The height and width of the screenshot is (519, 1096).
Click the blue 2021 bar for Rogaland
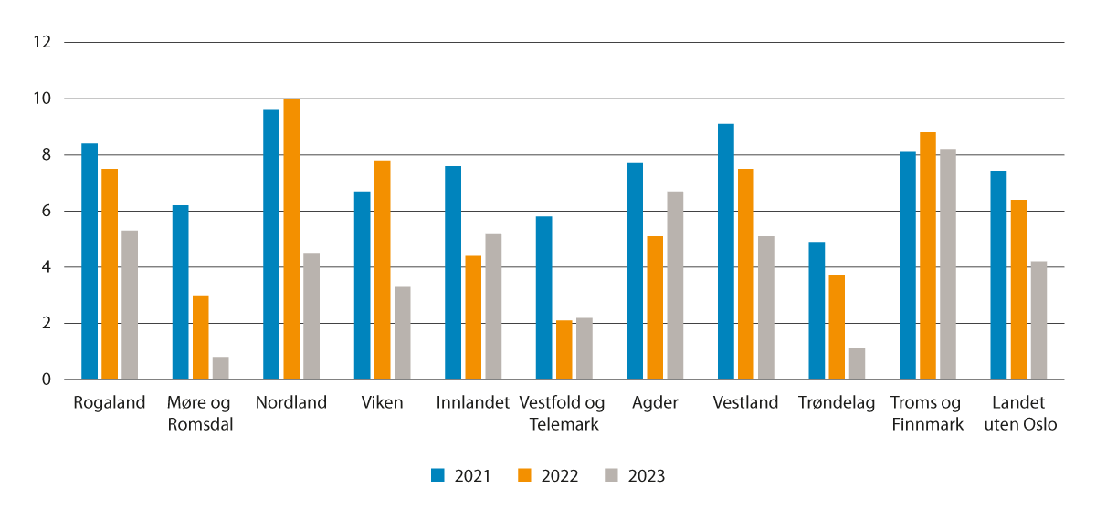point(90,261)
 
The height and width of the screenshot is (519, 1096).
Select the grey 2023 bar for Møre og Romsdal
point(220,368)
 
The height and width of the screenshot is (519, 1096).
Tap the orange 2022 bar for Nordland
point(291,239)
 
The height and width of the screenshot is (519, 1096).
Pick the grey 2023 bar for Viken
point(403,333)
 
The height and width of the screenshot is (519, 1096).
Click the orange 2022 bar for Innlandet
point(473,317)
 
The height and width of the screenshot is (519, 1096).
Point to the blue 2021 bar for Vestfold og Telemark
point(544,297)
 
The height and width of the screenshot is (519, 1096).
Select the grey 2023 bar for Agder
point(675,285)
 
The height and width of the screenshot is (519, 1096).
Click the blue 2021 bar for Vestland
point(726,252)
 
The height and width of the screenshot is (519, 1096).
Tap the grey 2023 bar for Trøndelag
point(857,364)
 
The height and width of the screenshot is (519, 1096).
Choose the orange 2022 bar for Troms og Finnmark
point(928,255)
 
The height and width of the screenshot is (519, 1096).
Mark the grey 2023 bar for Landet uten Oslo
point(1038,320)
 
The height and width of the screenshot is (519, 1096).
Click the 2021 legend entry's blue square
point(438,475)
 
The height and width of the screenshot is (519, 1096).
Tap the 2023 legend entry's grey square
point(611,475)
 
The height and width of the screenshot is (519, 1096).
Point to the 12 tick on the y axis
point(42,42)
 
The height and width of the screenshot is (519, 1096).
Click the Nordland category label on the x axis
point(291,403)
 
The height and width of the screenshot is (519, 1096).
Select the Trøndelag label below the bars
point(837,403)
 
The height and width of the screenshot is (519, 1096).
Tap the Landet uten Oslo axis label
point(1019,413)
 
